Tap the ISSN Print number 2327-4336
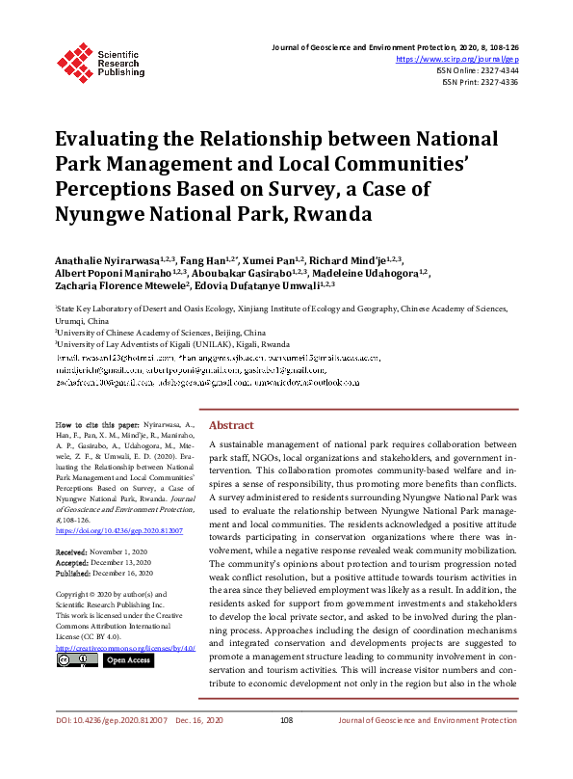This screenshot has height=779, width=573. pyautogui.click(x=497, y=82)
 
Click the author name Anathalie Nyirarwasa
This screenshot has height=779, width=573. pyautogui.click(x=108, y=260)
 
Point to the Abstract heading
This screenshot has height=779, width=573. pyautogui.click(x=231, y=425)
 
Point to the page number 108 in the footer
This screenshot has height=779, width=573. pyautogui.click(x=286, y=748)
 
